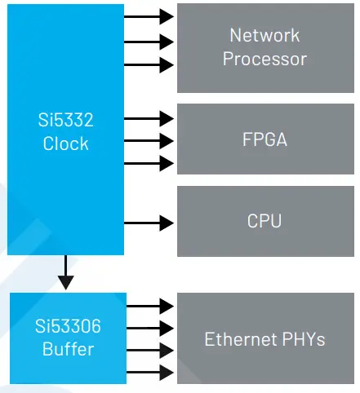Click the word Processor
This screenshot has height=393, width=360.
pos(264,59)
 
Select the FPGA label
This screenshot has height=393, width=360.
pos(264,139)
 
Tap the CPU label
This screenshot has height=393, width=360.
pos(264,221)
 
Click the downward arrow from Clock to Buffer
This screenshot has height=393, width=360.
pos(66,273)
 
